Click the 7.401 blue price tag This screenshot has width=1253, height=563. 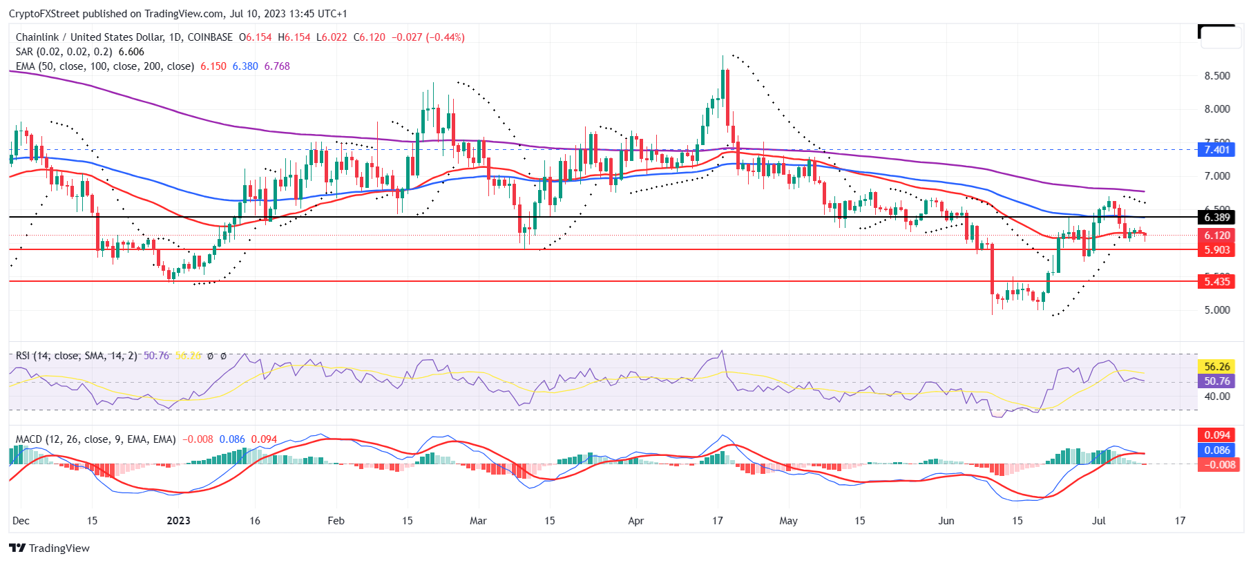point(1216,150)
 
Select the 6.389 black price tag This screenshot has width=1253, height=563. point(1216,218)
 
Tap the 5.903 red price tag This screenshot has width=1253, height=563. point(1216,250)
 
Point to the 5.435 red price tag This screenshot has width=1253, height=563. point(1216,281)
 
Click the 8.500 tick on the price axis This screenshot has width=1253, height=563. point(1217,76)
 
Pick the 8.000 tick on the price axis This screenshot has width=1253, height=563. point(1217,109)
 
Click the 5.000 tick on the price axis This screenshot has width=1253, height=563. point(1217,310)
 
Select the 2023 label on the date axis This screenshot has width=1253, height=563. point(179,521)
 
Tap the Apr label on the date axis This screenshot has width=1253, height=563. point(636,521)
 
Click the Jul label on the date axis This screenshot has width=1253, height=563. point(1098,521)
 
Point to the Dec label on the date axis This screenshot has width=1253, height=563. point(21,521)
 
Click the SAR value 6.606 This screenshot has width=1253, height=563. point(131,52)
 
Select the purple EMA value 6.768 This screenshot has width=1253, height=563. point(277,66)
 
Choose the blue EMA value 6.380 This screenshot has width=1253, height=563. point(245,66)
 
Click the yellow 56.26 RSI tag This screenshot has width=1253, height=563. point(1216,367)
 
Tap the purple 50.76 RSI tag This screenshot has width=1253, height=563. point(1216,381)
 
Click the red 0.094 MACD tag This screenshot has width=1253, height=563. point(1216,435)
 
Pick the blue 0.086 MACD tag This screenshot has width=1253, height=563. point(1216,450)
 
